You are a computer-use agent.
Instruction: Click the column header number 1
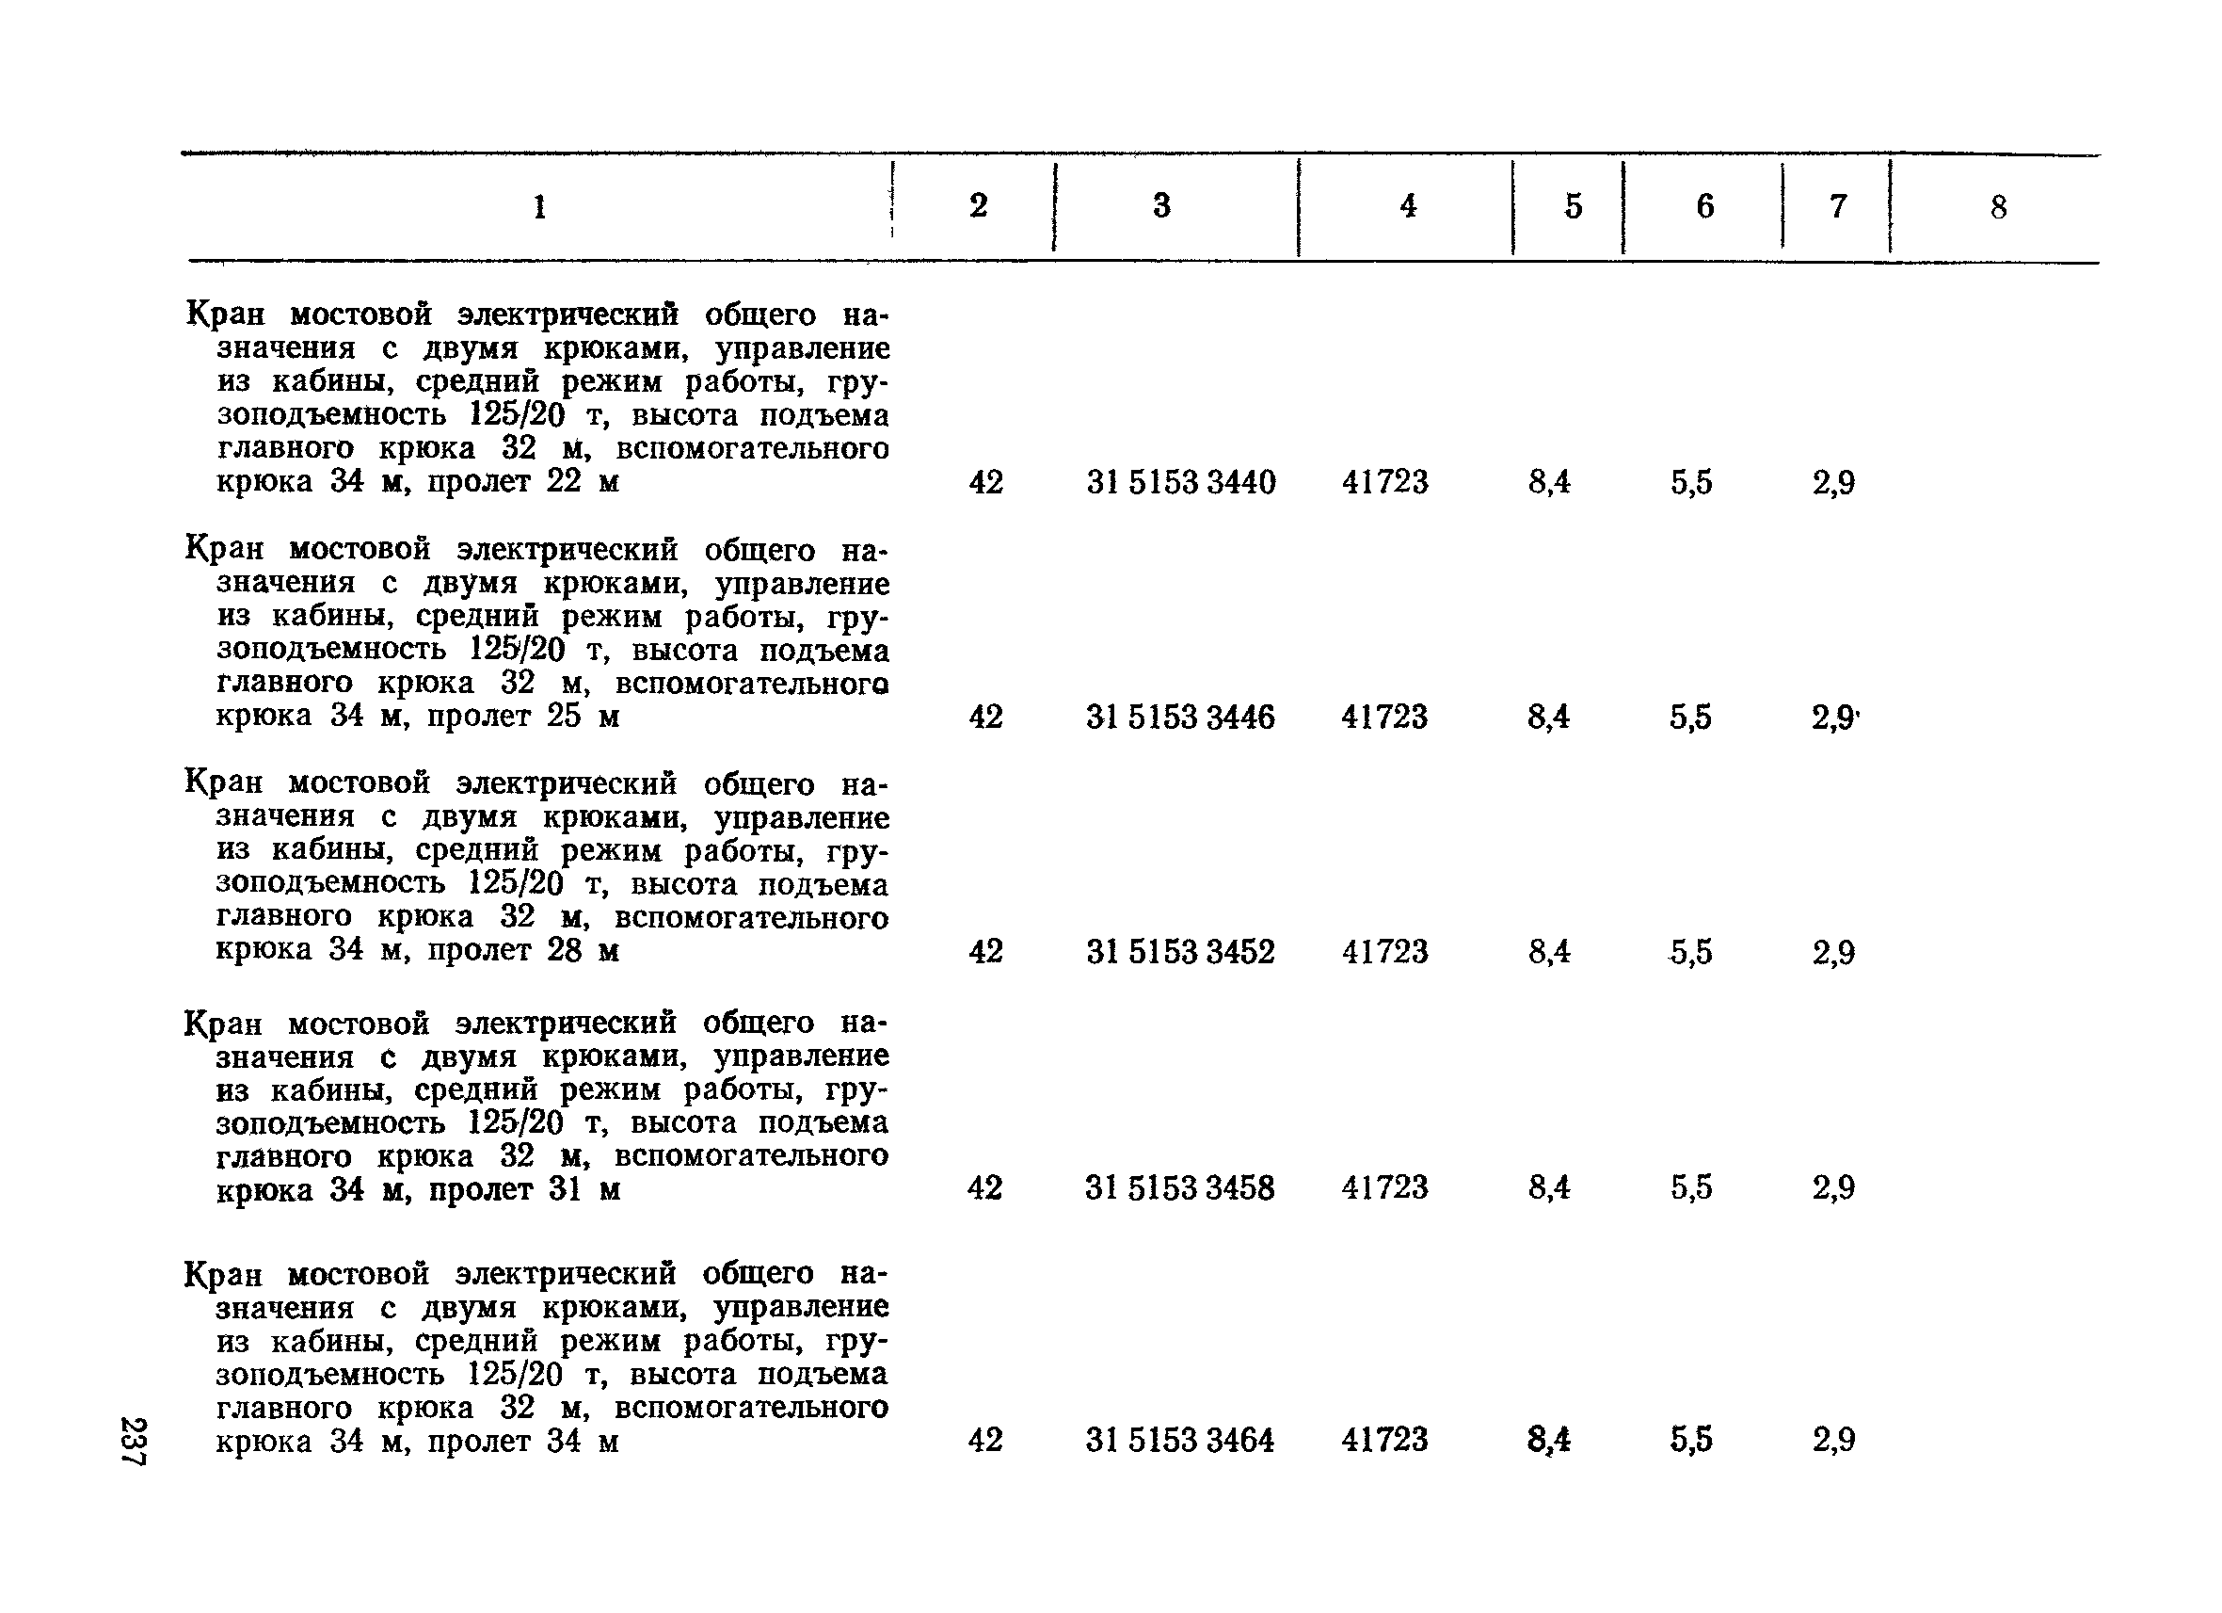pos(539,207)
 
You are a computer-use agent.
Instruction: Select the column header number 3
pos(1162,206)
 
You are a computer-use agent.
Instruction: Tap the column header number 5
pos(1574,206)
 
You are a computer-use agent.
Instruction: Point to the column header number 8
pos(1999,207)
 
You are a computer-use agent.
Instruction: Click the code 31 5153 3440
pos(1180,482)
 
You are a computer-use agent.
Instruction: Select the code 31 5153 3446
pos(1180,718)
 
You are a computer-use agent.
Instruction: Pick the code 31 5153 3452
pos(1180,952)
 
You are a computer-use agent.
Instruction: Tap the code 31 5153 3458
pos(1179,1187)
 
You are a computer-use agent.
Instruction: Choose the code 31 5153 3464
pos(1179,1440)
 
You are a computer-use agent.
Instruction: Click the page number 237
pos(133,1441)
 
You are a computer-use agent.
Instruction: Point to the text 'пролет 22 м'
pos(523,482)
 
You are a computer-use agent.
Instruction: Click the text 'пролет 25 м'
pos(523,717)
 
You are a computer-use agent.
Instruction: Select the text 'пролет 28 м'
pos(523,950)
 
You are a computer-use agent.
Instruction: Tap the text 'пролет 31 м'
pos(524,1189)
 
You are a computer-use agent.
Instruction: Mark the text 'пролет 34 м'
pos(523,1442)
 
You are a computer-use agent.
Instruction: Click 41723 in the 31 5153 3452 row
pos(1384,952)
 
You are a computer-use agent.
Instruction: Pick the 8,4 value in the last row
pos(1549,1440)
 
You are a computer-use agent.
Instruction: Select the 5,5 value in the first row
pos(1691,482)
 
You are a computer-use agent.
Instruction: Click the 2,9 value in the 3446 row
pos(1833,718)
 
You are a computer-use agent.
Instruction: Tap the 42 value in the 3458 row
pos(984,1187)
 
